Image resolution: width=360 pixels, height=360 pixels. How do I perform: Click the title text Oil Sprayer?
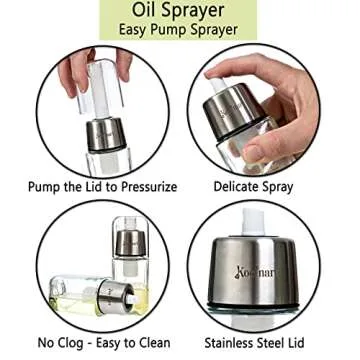tap(178, 10)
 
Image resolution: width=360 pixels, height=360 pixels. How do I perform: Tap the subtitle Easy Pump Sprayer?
tap(178, 29)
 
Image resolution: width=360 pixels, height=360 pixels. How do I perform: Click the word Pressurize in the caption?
tap(149, 187)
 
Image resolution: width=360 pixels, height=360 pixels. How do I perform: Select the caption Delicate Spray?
tap(253, 187)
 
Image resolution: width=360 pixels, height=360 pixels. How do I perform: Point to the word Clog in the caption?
tap(74, 343)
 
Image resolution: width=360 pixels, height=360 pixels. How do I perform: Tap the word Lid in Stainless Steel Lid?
tap(295, 343)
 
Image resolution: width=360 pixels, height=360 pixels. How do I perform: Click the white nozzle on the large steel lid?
tap(253, 221)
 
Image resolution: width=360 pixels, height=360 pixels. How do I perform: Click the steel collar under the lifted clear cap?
tap(106, 135)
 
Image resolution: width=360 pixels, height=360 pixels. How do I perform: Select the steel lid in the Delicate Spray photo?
tap(234, 112)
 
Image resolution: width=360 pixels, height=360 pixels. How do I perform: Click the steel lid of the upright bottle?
tap(130, 243)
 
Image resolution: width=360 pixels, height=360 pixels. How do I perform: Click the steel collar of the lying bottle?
tap(114, 297)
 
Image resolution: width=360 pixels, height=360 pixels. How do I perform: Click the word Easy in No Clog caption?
tap(110, 343)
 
